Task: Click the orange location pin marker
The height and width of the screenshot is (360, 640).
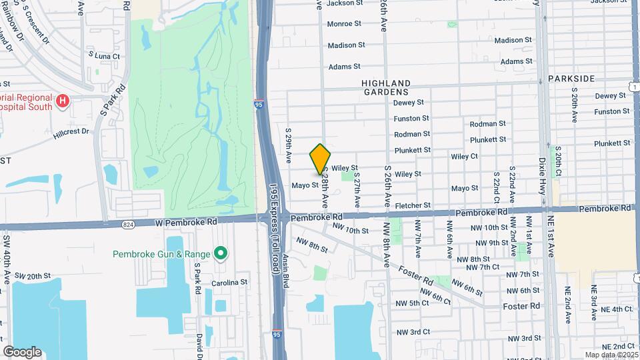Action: click(321, 159)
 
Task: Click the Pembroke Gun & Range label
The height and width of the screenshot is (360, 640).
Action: click(161, 253)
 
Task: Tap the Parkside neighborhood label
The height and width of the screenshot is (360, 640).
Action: click(571, 79)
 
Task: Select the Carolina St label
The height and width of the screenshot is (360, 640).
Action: click(229, 283)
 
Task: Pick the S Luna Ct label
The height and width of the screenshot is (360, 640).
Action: click(104, 56)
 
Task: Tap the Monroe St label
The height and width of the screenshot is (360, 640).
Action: click(344, 23)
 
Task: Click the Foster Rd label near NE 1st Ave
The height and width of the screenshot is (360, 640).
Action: click(521, 306)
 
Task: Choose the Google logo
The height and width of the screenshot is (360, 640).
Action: click(22, 352)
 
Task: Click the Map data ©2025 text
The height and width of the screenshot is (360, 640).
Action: click(611, 355)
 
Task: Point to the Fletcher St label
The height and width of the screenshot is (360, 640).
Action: click(413, 205)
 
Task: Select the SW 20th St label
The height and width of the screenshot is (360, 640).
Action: click(33, 275)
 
